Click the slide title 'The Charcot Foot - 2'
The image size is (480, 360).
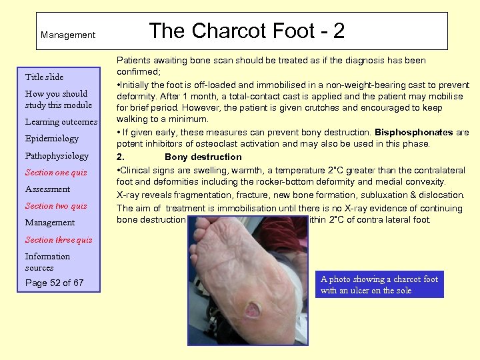(x=246, y=30)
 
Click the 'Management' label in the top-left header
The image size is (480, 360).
(x=68, y=35)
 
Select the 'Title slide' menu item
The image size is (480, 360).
(x=44, y=77)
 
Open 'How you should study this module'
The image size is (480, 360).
(x=59, y=99)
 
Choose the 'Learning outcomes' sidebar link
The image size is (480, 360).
(x=61, y=122)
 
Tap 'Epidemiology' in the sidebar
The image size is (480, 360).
(x=52, y=139)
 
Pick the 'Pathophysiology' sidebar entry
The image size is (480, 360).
(x=57, y=156)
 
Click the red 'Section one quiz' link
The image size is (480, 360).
(x=56, y=173)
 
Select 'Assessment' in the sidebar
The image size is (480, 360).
(x=47, y=189)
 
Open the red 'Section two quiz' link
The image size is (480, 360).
(x=56, y=206)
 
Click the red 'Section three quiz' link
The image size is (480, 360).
(x=59, y=240)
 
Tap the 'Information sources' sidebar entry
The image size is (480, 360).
(x=47, y=262)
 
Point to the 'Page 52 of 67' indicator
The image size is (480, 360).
(x=55, y=283)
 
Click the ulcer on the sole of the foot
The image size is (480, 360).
(x=253, y=310)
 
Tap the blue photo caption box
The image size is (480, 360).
(x=379, y=285)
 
